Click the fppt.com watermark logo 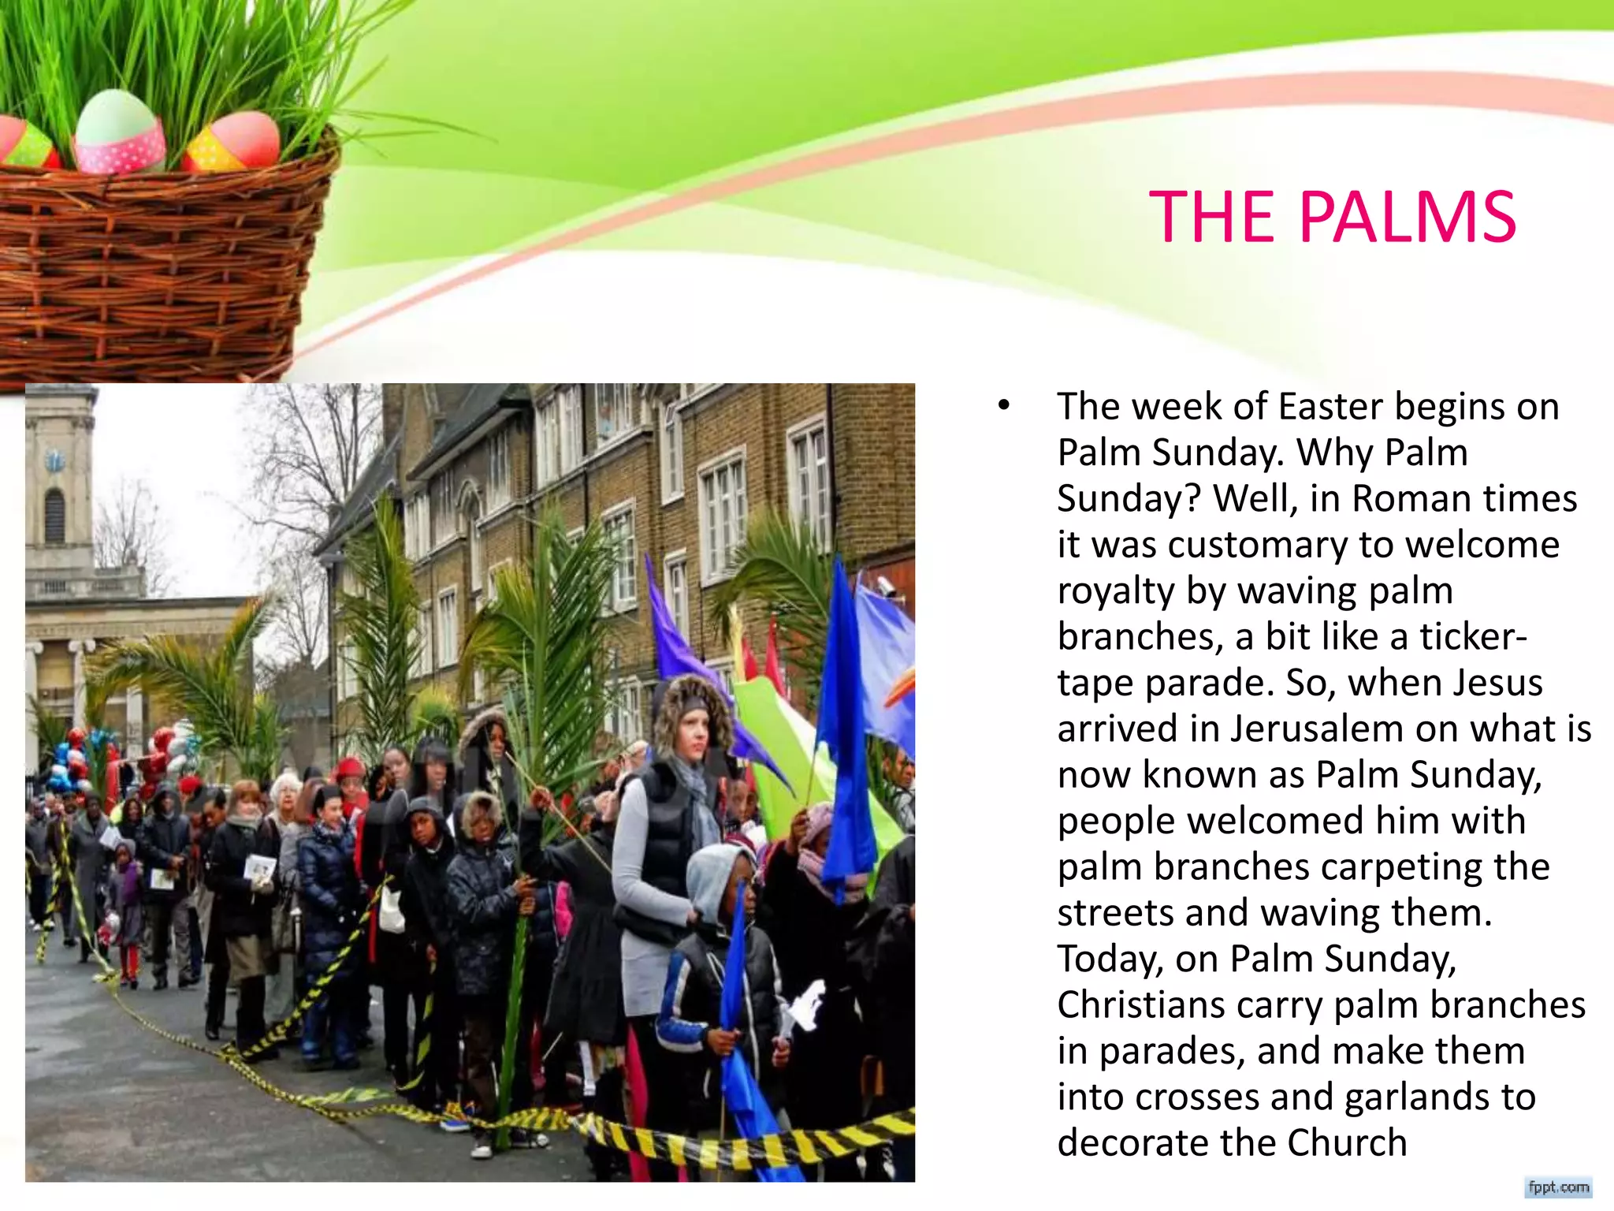click(x=1558, y=1187)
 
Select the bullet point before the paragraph click(x=1003, y=406)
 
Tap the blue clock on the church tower click(x=54, y=460)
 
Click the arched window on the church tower click(x=54, y=514)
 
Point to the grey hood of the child click(x=712, y=875)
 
